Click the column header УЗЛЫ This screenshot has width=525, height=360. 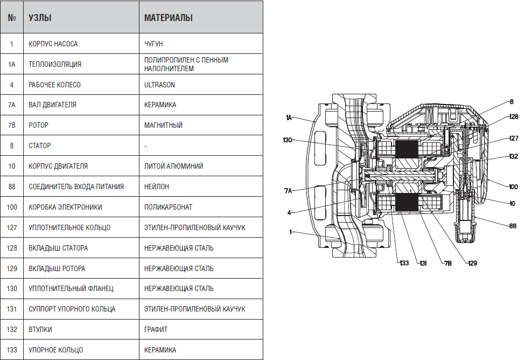click(40, 18)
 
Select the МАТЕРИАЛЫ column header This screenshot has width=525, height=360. click(169, 18)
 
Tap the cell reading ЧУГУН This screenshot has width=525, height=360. click(153, 44)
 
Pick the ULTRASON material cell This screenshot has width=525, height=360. click(159, 85)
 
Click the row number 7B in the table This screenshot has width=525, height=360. click(12, 126)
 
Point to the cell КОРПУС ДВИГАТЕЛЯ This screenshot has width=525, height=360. click(58, 166)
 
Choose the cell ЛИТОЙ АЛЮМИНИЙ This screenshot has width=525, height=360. click(173, 166)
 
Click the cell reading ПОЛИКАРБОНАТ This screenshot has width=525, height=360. click(168, 207)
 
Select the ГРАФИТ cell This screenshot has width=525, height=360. click(156, 329)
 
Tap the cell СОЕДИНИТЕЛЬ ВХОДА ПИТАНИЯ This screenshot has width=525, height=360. click(76, 186)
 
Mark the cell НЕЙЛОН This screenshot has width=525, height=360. click(156, 186)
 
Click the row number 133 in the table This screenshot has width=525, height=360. click(12, 350)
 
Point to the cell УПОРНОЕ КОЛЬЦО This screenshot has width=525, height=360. click(55, 350)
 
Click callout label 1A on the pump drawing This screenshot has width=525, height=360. click(289, 117)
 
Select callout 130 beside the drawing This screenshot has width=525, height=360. click(288, 140)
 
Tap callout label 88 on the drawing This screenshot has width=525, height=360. click(513, 226)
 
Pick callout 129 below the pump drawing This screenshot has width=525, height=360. click(472, 263)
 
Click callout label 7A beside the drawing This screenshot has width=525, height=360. click(288, 191)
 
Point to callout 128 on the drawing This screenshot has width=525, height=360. click(514, 116)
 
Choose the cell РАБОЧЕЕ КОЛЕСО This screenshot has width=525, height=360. click(54, 85)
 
